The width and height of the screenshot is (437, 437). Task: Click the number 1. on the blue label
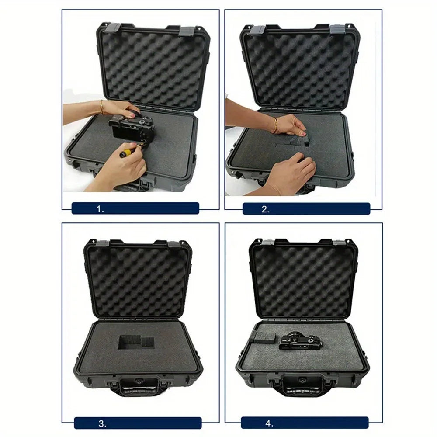101,209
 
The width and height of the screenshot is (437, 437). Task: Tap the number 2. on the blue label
265,209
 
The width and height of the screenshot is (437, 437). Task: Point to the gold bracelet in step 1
101,106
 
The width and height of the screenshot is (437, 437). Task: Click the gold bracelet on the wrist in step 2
276,124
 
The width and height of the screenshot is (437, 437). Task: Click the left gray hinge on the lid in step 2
258,30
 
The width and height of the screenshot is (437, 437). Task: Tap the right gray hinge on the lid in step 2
337,30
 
